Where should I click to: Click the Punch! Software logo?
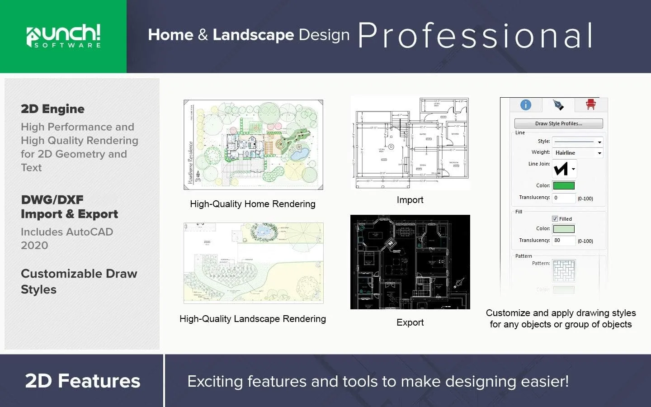(x=63, y=36)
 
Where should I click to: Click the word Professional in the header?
(x=475, y=36)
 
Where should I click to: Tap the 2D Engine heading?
(x=52, y=109)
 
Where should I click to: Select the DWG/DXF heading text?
(x=52, y=199)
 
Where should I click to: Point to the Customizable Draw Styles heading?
(x=79, y=281)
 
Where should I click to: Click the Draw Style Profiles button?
(x=558, y=123)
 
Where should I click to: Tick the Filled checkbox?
(x=555, y=219)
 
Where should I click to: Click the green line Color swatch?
(x=564, y=185)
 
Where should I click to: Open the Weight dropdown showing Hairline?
(x=578, y=153)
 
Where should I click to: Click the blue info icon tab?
(x=526, y=105)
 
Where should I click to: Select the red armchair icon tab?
(x=590, y=105)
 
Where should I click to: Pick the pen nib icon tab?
(x=558, y=105)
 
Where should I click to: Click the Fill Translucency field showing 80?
(x=564, y=241)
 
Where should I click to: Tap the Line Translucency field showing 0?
(x=564, y=198)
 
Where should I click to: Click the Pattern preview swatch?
(x=564, y=270)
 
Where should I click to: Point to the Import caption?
(x=410, y=200)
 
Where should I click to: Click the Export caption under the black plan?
(x=410, y=322)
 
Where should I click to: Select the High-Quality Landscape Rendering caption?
(x=253, y=319)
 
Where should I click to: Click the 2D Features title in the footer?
(x=83, y=381)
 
